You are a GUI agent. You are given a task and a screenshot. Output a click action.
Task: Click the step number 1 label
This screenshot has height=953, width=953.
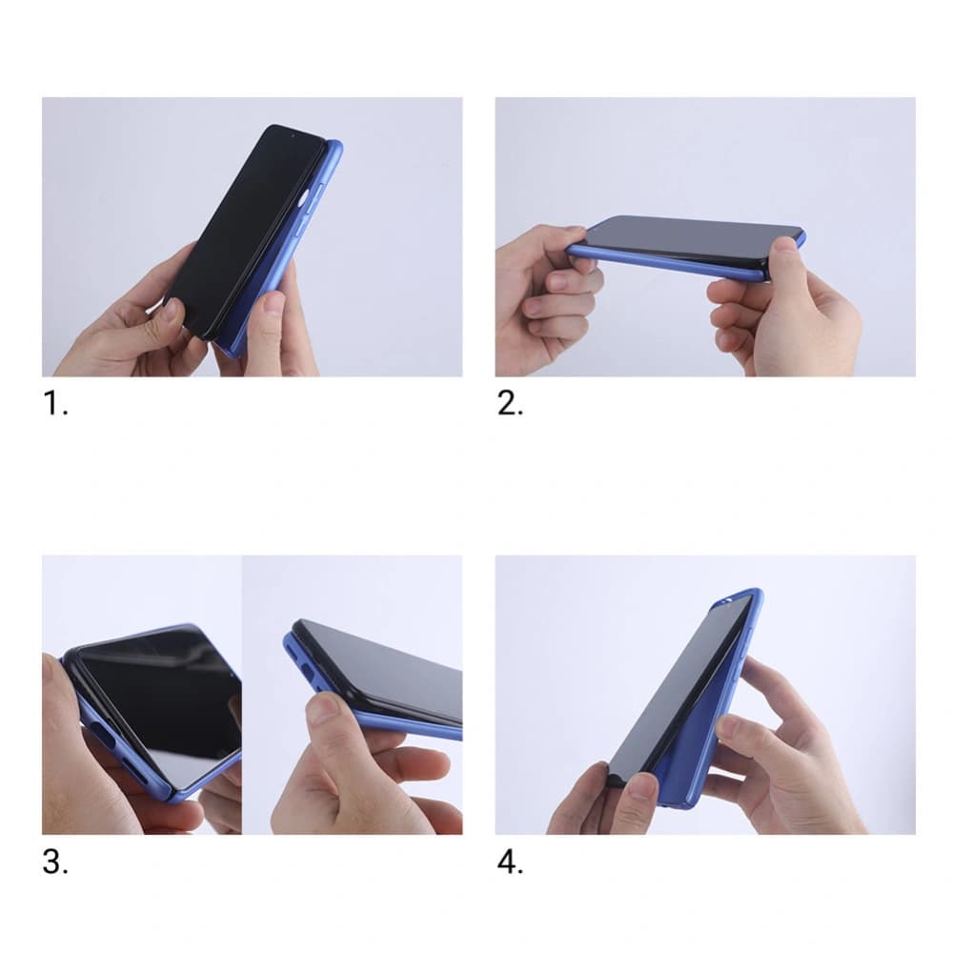click(55, 404)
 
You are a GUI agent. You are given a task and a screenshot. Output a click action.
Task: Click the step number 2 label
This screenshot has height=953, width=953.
click(510, 404)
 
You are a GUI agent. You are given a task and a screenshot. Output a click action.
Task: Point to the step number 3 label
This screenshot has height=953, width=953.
click(55, 863)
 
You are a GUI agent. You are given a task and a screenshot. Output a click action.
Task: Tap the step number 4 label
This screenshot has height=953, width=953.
click(510, 863)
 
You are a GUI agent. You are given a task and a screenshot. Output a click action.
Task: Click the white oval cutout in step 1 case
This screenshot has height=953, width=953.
click(304, 198)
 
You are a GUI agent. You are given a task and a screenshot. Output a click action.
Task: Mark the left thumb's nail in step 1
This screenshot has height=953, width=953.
click(172, 308)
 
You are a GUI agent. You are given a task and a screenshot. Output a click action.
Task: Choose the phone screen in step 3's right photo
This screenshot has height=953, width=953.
click(391, 667)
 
